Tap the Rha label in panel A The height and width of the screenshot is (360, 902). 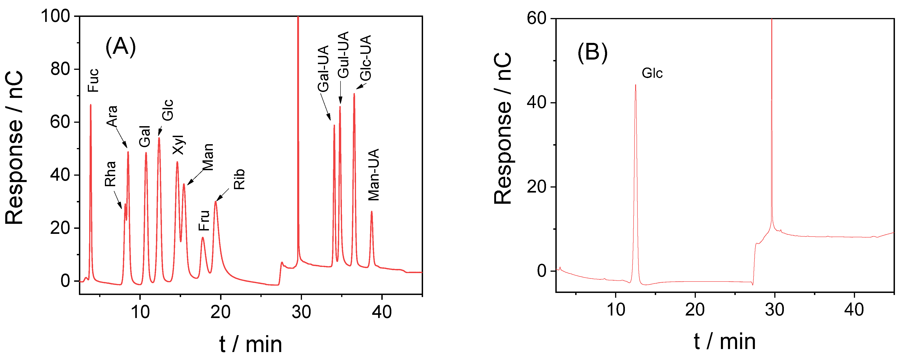coord(110,174)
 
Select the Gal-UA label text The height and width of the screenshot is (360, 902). coord(323,69)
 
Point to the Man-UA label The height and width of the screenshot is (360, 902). coord(374,174)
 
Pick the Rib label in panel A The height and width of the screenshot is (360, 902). coord(239,179)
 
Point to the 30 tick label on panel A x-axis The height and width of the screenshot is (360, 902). coord(301,312)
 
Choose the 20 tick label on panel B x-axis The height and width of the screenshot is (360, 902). coord(695,310)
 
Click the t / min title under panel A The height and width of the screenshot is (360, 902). coord(251,344)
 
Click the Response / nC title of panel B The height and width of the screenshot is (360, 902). coord(503,128)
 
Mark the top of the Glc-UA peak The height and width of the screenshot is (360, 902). coord(354,94)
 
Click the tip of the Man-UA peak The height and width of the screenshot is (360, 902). coord(372,211)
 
